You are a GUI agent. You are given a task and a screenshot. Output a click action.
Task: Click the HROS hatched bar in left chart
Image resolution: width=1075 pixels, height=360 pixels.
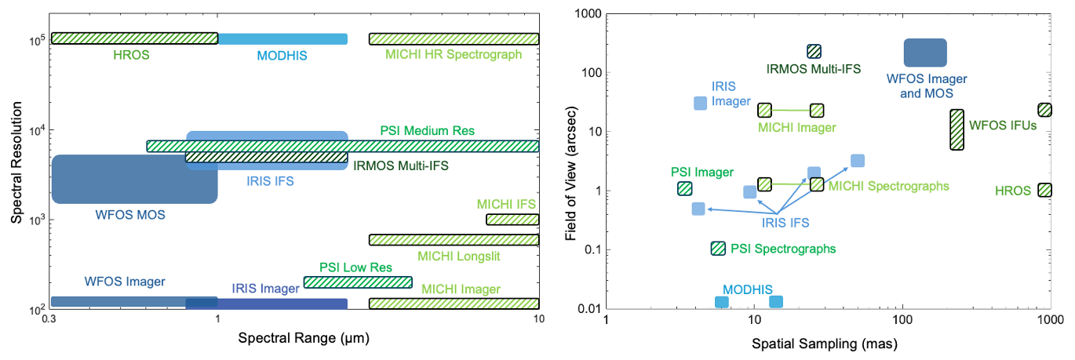click(x=134, y=38)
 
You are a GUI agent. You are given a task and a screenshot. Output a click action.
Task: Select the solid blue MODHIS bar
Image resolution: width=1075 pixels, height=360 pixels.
click(x=282, y=39)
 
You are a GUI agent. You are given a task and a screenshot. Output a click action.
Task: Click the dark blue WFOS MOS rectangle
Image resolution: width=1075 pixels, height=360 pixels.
click(x=134, y=180)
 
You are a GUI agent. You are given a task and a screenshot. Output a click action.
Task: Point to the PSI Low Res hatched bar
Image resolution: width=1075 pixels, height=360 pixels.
click(x=358, y=282)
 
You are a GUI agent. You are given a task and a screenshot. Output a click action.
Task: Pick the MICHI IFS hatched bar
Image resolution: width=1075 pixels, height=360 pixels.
click(x=512, y=220)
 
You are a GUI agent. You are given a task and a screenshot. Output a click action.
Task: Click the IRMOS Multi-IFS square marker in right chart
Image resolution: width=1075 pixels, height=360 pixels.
click(x=814, y=51)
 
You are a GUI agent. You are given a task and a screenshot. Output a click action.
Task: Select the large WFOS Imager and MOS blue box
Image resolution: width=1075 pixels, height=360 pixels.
click(x=925, y=53)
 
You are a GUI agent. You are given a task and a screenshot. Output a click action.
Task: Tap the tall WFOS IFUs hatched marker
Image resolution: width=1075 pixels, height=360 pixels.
click(x=957, y=129)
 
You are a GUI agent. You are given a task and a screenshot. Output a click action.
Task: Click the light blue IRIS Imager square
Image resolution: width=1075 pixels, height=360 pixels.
click(x=701, y=103)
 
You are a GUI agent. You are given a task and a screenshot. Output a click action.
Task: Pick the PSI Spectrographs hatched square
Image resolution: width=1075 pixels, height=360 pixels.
click(x=717, y=248)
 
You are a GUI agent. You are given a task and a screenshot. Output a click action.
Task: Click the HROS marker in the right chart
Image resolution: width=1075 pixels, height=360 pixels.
click(x=1044, y=190)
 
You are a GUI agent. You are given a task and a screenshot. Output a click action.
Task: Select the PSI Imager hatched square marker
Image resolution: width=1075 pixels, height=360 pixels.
click(x=685, y=188)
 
